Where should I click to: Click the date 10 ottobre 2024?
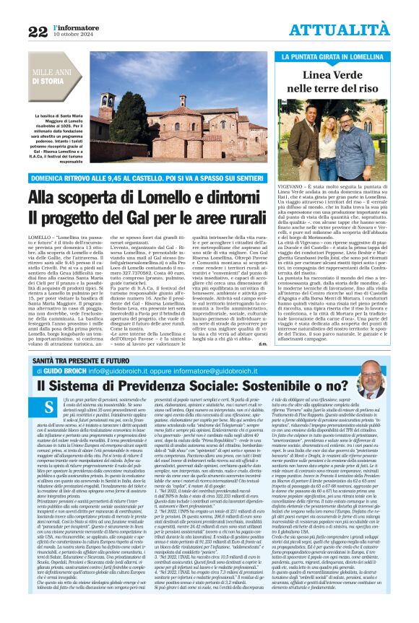point(69,35)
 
